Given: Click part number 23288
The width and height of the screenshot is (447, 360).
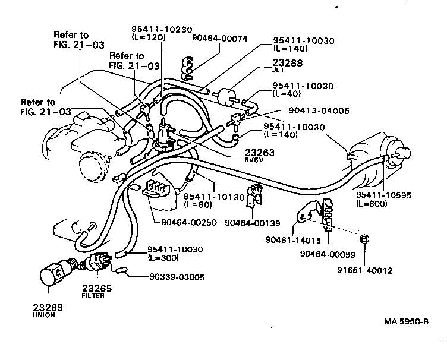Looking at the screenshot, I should (288, 61).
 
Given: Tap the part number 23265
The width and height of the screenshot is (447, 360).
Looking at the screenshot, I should (97, 288).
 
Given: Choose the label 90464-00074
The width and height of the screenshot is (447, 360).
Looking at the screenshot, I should (219, 37).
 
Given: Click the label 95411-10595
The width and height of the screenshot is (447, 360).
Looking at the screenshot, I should (383, 195).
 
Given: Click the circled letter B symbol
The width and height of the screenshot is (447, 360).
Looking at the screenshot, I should (364, 239).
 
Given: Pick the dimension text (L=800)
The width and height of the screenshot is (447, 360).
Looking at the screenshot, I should (372, 203).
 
